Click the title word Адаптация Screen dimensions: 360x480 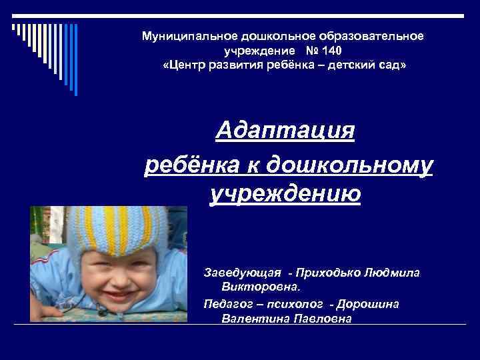[285, 130]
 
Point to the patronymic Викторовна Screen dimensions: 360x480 [260, 288]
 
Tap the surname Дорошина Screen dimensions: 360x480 [368, 304]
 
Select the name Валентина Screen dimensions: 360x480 [251, 319]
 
